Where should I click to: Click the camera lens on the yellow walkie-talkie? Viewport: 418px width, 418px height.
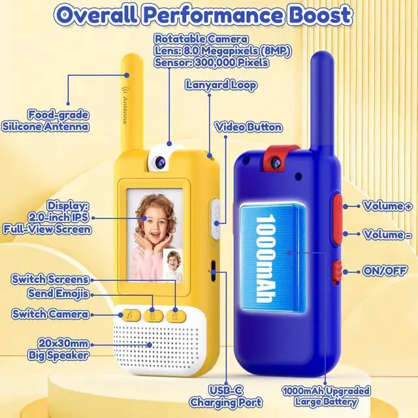161,161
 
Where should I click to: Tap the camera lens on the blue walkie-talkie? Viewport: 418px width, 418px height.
274,162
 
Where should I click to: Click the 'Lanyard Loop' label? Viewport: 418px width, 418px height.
221,86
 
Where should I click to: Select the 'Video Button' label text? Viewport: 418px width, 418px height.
248,127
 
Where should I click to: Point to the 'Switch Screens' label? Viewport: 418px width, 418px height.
50,279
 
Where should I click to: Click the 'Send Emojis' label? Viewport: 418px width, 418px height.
58,293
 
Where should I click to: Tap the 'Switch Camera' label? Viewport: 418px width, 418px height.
50,314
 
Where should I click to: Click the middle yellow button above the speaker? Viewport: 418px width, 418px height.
153,316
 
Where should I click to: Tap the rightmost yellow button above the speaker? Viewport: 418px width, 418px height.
176,316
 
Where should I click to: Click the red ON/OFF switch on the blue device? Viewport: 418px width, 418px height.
337,272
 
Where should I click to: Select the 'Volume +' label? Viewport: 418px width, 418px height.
387,206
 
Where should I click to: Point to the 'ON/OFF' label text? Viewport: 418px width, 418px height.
385,271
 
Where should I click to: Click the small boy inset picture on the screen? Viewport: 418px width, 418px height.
172,265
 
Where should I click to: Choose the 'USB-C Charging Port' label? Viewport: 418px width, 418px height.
225,396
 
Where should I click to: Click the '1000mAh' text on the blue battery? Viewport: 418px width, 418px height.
265,258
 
